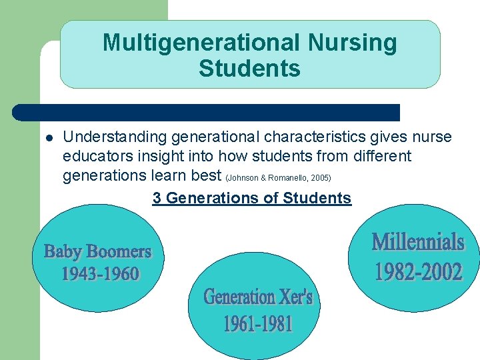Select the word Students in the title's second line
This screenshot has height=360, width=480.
(249, 68)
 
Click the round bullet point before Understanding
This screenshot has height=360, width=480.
(49, 139)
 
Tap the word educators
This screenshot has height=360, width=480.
(94, 157)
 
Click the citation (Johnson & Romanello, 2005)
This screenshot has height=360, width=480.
(279, 178)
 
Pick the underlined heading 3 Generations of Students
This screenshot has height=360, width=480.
(251, 198)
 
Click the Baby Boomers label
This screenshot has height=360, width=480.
(98, 251)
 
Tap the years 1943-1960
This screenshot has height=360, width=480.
(100, 273)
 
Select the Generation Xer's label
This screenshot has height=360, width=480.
(258, 296)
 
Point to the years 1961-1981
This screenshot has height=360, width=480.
(258, 324)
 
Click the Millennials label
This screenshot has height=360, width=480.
(417, 241)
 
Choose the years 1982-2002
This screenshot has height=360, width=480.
(418, 271)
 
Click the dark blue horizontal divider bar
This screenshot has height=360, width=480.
(207, 112)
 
